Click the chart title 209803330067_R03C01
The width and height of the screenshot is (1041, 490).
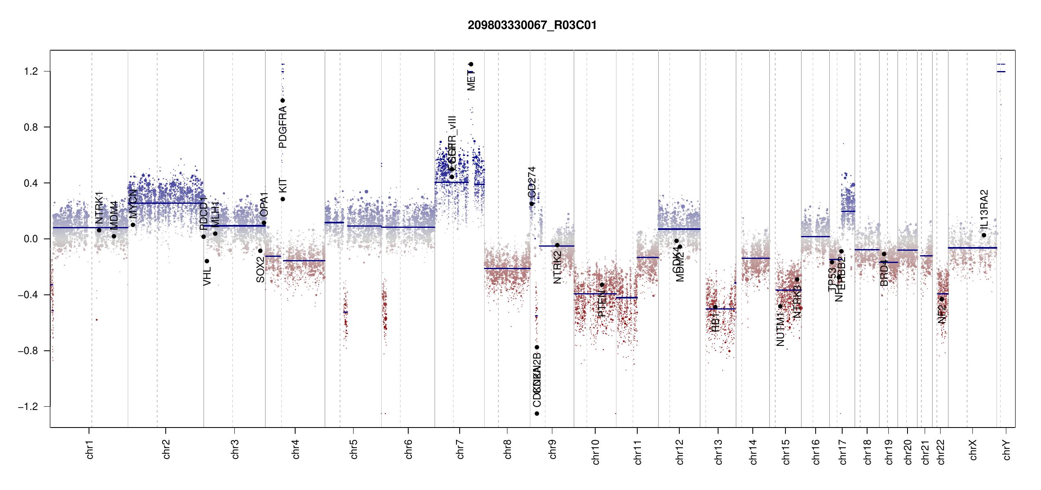click(532, 25)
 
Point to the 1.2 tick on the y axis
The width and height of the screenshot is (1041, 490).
click(31, 71)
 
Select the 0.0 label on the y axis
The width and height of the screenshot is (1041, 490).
click(31, 239)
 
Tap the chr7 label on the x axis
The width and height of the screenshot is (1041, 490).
click(460, 449)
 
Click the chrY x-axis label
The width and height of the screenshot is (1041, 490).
click(1007, 450)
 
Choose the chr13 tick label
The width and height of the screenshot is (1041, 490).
click(718, 452)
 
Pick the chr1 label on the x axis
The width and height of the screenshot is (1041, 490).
click(89, 449)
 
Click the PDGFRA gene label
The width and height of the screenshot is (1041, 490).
click(282, 127)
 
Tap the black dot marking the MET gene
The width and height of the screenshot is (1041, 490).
click(471, 64)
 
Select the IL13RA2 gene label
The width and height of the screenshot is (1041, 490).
click(984, 209)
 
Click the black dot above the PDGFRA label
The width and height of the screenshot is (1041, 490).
click(282, 100)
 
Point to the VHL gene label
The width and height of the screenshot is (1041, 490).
click(207, 276)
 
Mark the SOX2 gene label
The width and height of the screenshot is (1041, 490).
click(260, 270)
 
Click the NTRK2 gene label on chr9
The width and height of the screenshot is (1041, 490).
click(557, 267)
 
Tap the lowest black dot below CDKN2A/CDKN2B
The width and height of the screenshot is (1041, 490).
click(537, 414)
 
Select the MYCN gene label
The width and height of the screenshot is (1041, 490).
click(133, 204)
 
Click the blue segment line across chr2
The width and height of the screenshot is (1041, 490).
click(165, 203)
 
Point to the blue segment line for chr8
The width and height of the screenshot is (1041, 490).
click(507, 268)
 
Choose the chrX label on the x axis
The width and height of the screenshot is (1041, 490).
click(973, 450)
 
